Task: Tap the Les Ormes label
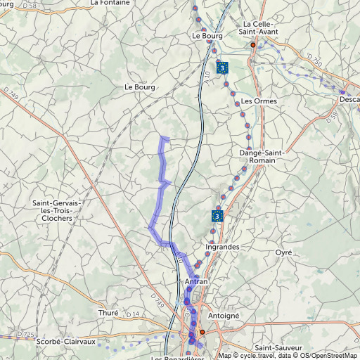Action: coord(259,101)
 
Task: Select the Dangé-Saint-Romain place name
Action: coord(257,156)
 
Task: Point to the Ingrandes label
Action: coord(222,247)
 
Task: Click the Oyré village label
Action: coord(283,252)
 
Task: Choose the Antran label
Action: coord(196,282)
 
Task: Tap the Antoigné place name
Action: coord(224,316)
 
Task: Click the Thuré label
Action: coord(108,313)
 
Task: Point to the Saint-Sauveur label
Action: coord(278,348)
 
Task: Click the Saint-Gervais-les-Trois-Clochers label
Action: coord(57,211)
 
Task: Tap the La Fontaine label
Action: coord(110,3)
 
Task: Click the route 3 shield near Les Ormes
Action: coord(222,67)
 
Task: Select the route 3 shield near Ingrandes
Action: coord(218,216)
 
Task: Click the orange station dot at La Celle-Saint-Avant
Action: coord(253,44)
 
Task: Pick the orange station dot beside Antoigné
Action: coord(202,331)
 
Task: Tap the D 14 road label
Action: coord(135,314)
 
